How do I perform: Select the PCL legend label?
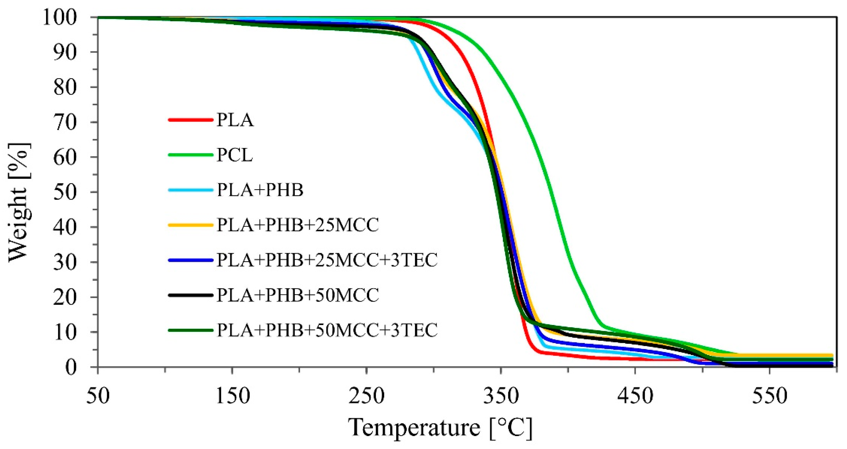[x=234, y=155]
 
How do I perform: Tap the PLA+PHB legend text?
[x=260, y=190]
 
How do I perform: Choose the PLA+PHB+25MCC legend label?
[x=298, y=225]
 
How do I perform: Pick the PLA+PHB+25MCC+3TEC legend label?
[x=327, y=260]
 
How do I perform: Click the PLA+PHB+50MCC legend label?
[x=298, y=295]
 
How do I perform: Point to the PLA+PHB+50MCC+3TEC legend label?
[x=327, y=330]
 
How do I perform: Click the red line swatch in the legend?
[x=190, y=120]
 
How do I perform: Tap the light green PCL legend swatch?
[x=190, y=155]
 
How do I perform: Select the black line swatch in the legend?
[x=190, y=295]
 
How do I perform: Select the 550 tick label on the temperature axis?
[x=769, y=396]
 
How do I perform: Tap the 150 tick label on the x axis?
[x=232, y=396]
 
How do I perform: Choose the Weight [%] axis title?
[x=19, y=202]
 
